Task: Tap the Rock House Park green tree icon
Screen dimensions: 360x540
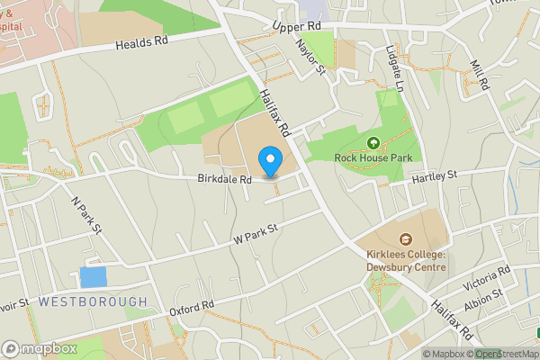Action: pyautogui.click(x=373, y=143)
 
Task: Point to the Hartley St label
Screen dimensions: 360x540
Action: pyautogui.click(x=435, y=175)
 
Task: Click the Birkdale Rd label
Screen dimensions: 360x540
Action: pyautogui.click(x=224, y=179)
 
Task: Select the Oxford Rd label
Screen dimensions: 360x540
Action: pyautogui.click(x=191, y=310)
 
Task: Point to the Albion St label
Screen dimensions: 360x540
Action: pyautogui.click(x=483, y=297)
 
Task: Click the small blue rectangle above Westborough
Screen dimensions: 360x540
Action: pyautogui.click(x=93, y=277)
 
